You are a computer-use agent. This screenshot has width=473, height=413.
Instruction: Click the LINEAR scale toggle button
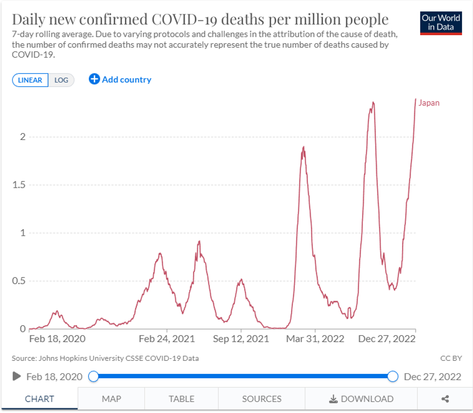click(x=30, y=80)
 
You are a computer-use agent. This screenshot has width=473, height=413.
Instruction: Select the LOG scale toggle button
click(x=61, y=80)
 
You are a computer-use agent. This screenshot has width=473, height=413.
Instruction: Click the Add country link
click(x=120, y=80)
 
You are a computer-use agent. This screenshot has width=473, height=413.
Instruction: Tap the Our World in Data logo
click(x=441, y=23)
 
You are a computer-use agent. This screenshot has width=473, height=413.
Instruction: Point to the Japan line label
click(x=429, y=103)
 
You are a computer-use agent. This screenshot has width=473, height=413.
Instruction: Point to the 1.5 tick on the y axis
click(x=18, y=185)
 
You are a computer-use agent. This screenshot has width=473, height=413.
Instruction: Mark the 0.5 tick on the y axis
click(x=18, y=281)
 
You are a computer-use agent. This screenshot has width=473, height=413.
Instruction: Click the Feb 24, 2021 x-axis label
click(x=167, y=339)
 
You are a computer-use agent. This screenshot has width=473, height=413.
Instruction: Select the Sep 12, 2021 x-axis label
click(x=241, y=339)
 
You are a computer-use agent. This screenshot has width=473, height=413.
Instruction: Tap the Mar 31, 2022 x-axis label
click(x=316, y=339)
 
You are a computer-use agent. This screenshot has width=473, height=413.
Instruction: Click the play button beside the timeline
click(x=16, y=376)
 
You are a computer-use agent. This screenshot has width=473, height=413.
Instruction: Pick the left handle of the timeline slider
click(x=94, y=376)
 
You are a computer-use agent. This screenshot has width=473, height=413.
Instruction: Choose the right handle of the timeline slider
click(x=393, y=376)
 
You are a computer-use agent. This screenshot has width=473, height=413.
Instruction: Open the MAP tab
click(x=111, y=399)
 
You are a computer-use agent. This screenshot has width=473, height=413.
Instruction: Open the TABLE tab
click(x=181, y=399)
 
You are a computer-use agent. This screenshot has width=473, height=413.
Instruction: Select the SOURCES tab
click(x=262, y=399)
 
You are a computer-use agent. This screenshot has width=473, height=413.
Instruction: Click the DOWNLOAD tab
click(x=361, y=399)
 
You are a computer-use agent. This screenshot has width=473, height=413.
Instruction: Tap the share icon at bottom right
click(x=445, y=399)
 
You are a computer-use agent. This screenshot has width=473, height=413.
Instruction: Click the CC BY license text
click(x=451, y=358)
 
